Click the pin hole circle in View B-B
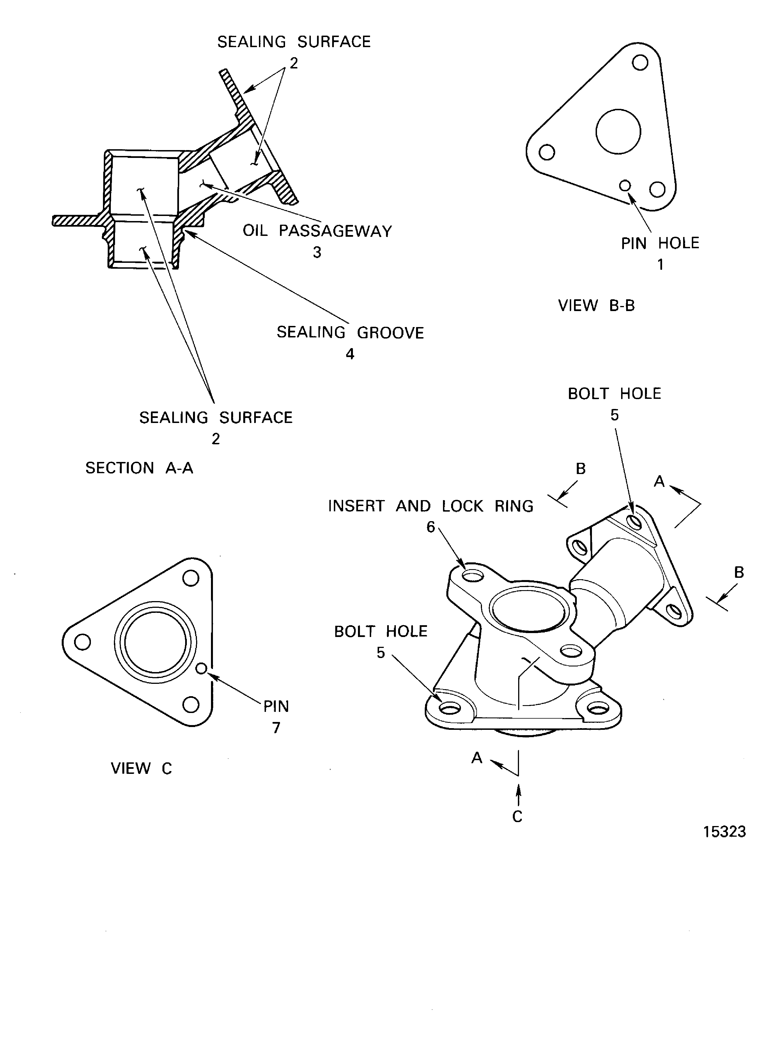click(x=625, y=186)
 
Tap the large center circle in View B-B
click(x=618, y=132)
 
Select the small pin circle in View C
click(x=201, y=668)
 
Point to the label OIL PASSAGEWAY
click(x=317, y=231)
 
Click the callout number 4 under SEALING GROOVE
click(x=350, y=354)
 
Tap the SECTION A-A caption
click(x=139, y=468)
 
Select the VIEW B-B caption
click(x=596, y=305)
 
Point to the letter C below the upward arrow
click(x=517, y=816)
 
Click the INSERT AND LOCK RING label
click(x=431, y=506)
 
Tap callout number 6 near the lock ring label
click(x=431, y=527)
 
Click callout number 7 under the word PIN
click(x=276, y=728)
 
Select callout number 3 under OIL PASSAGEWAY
click(x=317, y=252)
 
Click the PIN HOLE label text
click(x=660, y=243)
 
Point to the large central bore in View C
click(x=155, y=641)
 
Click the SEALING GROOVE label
click(x=350, y=333)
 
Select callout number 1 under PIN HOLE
click(x=660, y=264)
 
